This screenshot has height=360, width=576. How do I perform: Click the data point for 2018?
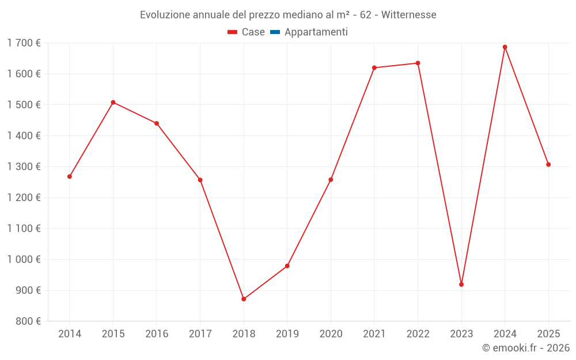click(244, 299)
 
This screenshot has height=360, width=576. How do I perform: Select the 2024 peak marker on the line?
click(505, 47)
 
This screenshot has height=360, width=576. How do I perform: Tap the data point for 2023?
click(461, 285)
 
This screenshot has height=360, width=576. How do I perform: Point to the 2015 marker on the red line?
click(113, 103)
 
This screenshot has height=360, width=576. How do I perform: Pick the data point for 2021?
click(374, 68)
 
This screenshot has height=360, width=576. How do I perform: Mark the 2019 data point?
click(287, 266)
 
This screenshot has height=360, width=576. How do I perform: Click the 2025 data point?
click(548, 165)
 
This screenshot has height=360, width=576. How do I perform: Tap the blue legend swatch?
click(275, 32)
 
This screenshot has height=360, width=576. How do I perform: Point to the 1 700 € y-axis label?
click(24, 43)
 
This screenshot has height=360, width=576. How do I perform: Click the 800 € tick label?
click(27, 321)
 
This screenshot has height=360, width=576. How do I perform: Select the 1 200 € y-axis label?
click(24, 198)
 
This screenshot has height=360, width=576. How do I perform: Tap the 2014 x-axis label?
click(70, 334)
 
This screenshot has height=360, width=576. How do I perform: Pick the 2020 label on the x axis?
click(331, 334)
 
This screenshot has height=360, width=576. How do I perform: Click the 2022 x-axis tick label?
click(418, 334)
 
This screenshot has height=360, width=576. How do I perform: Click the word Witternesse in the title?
click(407, 14)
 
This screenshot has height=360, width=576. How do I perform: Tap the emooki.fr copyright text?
click(525, 348)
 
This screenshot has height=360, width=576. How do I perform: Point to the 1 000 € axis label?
click(24, 259)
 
